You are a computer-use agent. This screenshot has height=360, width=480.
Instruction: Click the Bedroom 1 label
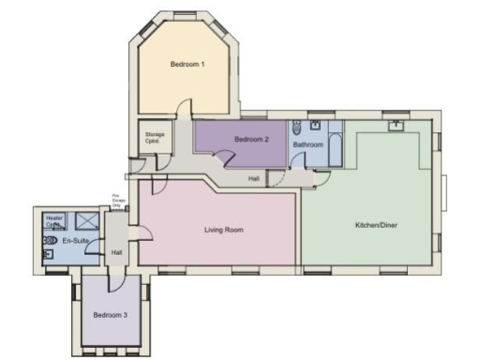click(187, 64)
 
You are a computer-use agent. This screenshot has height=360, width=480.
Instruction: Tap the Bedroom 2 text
click(251, 140)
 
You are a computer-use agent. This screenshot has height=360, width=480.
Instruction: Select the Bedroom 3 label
click(111, 314)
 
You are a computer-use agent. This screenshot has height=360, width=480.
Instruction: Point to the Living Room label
click(224, 229)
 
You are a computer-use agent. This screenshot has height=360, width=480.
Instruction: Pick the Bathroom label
click(308, 145)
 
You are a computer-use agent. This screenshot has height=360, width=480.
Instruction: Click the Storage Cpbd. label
click(155, 138)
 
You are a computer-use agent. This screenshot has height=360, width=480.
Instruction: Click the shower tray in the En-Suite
click(85, 221)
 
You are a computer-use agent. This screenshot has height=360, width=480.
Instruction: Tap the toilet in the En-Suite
click(50, 240)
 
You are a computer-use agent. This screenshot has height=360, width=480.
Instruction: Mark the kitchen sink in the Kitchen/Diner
click(397, 123)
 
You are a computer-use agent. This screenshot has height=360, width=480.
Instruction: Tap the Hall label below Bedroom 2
click(253, 178)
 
